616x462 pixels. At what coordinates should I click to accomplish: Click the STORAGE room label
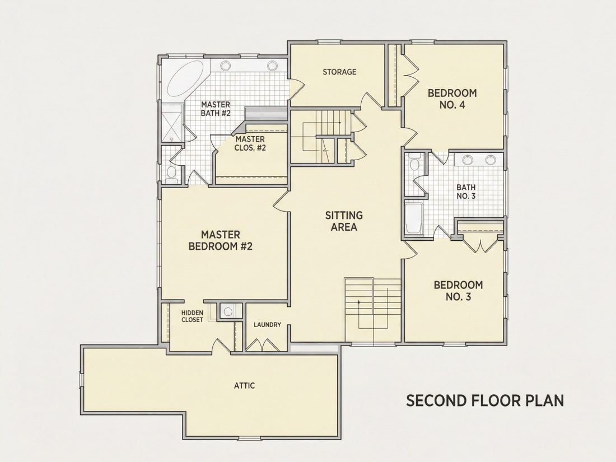coord(339,72)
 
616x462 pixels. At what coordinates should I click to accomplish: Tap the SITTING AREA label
coord(344,221)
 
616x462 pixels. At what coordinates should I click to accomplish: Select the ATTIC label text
coord(244,385)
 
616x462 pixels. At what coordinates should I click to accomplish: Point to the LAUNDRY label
coord(267,325)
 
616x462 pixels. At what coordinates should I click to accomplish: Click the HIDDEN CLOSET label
coord(192,316)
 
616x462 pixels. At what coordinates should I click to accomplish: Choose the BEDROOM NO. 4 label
coord(452,99)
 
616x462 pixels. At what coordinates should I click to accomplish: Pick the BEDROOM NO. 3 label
coord(458,291)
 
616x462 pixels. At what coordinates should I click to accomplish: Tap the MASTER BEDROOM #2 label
coord(221,240)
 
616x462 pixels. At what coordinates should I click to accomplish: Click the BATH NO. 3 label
coord(466,192)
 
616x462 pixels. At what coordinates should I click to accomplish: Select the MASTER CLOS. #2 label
coord(250,143)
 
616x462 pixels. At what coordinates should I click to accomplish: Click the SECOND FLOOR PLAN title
coord(485,401)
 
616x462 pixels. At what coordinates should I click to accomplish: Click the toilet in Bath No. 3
coord(414,161)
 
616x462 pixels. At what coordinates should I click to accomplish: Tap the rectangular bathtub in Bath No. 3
coord(414,218)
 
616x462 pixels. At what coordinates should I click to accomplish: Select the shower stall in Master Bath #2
coord(172,123)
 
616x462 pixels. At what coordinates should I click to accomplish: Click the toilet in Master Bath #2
coord(171,174)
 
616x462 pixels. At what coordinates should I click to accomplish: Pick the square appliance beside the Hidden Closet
coord(227,311)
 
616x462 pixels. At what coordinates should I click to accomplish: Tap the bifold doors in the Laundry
coord(263,344)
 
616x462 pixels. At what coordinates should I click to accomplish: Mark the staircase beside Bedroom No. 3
coord(372,310)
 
